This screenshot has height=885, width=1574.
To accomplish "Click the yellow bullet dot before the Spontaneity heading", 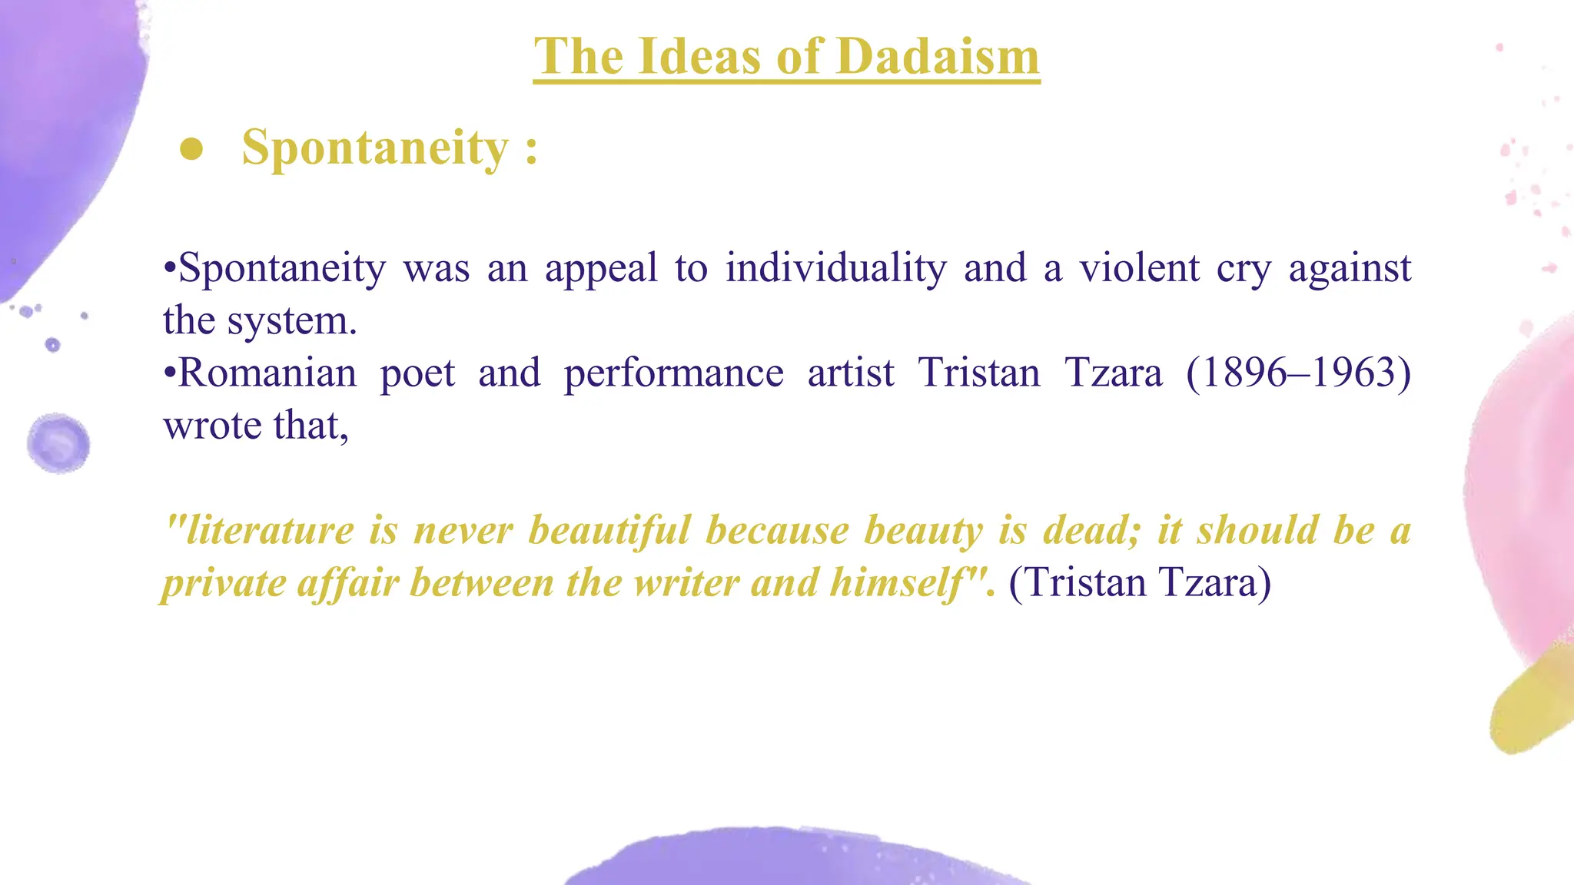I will click(x=191, y=149).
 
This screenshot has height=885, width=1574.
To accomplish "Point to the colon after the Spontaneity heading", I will click(x=531, y=149).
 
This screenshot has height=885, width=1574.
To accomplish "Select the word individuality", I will click(x=836, y=268).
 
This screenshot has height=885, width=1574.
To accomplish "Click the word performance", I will click(x=674, y=373).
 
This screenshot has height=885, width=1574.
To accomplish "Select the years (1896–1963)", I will click(x=1298, y=373).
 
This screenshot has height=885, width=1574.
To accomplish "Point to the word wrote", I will click(x=212, y=426).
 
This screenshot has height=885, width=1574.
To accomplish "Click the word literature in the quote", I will click(x=269, y=531).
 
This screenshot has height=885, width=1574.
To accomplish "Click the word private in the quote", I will click(x=223, y=583).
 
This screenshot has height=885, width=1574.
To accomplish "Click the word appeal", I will click(x=601, y=268).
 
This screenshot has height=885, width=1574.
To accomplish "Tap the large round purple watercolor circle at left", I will click(x=58, y=442).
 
